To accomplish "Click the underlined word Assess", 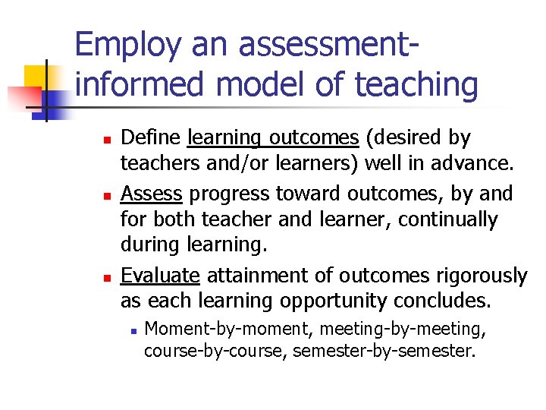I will pos(151,194).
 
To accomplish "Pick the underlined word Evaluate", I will pos(160,275).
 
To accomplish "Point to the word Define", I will pos(151,138).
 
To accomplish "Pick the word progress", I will pos(221,194).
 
